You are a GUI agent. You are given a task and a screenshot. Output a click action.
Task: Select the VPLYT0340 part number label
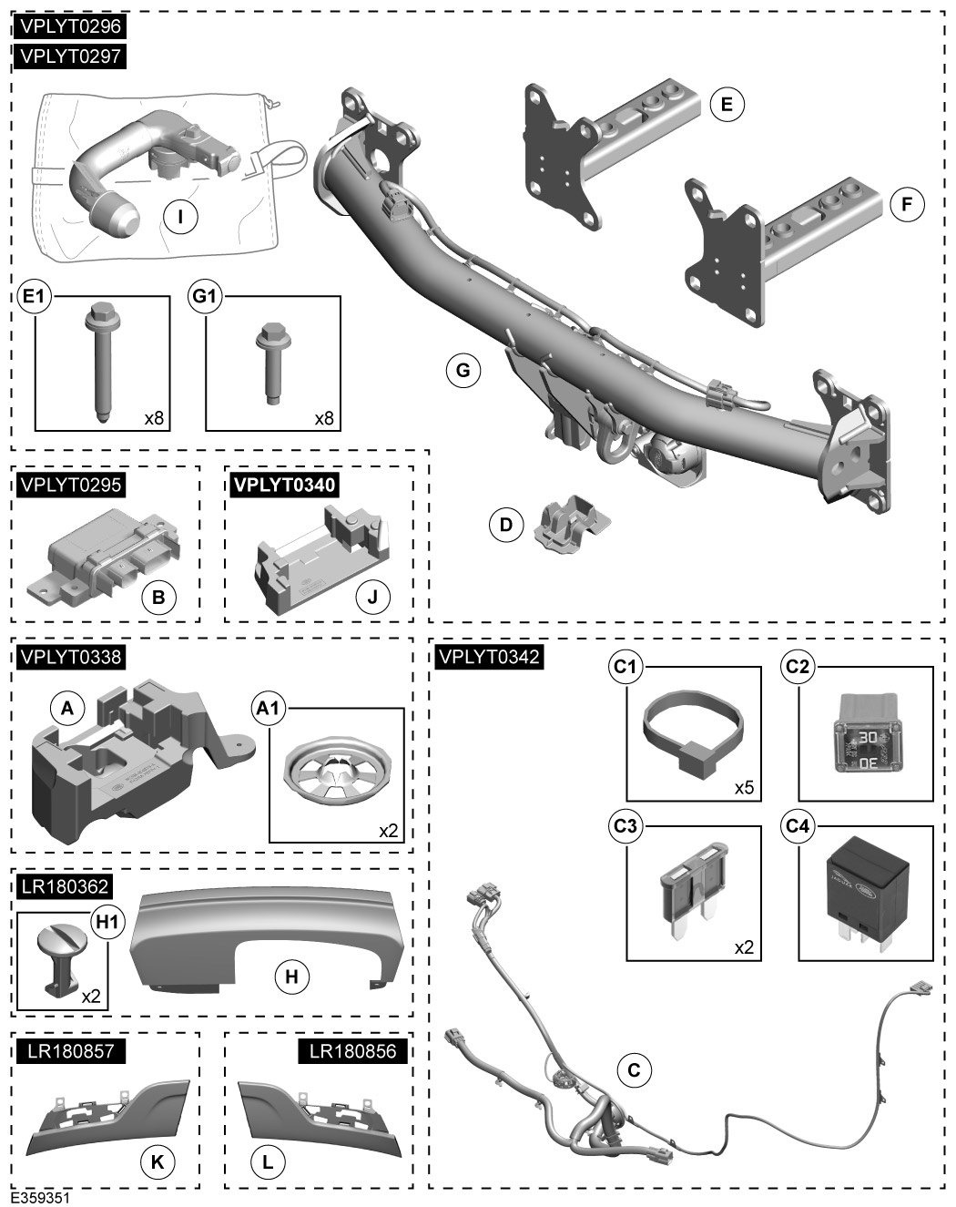(284, 485)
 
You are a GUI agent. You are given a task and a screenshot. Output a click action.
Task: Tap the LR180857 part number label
(70, 1050)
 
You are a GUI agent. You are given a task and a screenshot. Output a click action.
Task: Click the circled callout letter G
(463, 370)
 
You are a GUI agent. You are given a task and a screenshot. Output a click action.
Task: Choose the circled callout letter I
(180, 216)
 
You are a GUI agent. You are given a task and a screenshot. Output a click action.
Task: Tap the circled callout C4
(797, 826)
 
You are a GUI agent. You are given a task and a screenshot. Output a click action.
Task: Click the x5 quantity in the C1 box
(744, 787)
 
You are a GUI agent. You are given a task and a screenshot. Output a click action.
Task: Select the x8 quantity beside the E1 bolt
(154, 418)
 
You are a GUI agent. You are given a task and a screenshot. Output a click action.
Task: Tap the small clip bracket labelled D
(570, 523)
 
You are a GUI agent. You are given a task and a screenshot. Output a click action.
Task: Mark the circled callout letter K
(158, 1162)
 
